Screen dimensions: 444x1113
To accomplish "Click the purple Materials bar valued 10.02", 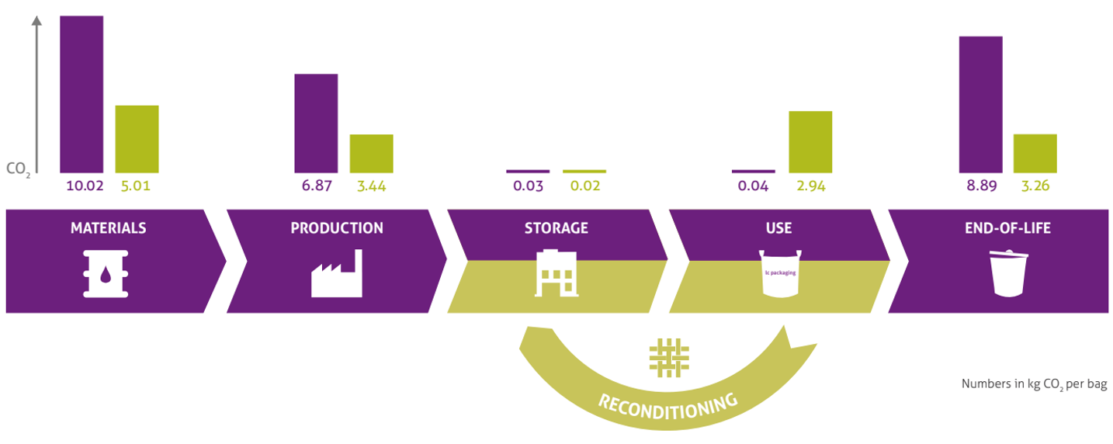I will pos(81,94).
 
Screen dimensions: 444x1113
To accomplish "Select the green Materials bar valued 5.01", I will pos(137,139).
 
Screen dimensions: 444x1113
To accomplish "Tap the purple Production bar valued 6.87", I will pos(316,123).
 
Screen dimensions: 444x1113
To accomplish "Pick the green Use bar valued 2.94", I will pos(810,142).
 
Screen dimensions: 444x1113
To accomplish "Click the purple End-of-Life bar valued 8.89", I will pos(980,105).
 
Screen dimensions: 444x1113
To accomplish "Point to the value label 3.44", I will pos(371,186).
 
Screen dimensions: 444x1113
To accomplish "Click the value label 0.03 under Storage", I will pos(528,186).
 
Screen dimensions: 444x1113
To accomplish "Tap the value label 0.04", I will pos(753,186).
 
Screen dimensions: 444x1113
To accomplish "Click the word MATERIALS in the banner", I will pos(108,228).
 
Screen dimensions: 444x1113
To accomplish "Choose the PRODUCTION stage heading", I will pos(337,228).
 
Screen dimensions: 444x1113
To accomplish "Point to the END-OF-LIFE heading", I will pos(997,228).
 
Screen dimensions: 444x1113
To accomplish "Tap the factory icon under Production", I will pos(336,273).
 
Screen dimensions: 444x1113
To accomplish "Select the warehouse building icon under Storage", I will pos(556,272).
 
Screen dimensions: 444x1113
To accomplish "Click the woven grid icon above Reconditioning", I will pos(668,358).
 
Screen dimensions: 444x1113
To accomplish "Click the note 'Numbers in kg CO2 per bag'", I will pos(1034,383).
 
